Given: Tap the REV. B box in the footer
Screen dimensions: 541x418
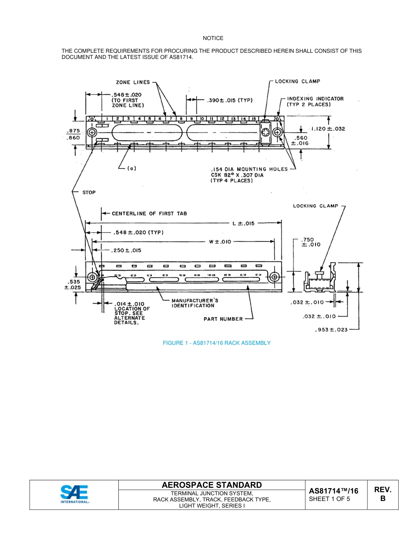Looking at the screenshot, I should tap(382, 494).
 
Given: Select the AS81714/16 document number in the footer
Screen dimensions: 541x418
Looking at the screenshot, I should tap(334, 491).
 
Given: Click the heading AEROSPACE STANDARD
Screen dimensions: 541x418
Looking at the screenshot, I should tap(212, 485).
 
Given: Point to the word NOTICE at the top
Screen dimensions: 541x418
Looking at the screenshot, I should tap(213, 38).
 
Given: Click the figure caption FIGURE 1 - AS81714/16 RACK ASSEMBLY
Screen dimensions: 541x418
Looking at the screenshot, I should tap(216, 343).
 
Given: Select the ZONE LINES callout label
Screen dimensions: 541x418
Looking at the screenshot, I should tap(133, 82).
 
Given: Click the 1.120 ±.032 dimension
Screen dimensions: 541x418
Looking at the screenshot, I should tap(328, 129).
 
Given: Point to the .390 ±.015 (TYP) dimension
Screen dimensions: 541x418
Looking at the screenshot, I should tap(229, 100).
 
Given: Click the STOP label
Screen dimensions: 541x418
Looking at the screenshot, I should tap(89, 192).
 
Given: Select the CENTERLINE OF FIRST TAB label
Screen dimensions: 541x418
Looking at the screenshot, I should tap(149, 213).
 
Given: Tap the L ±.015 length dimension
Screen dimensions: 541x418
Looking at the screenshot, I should tap(243, 223).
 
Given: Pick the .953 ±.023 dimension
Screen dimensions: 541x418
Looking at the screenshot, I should tap(332, 329).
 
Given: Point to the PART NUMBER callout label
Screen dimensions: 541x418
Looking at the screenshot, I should tap(223, 319).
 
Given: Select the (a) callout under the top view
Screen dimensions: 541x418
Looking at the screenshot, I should tap(131, 168).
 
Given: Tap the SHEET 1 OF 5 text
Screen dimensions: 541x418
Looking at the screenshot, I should tap(330, 499).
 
